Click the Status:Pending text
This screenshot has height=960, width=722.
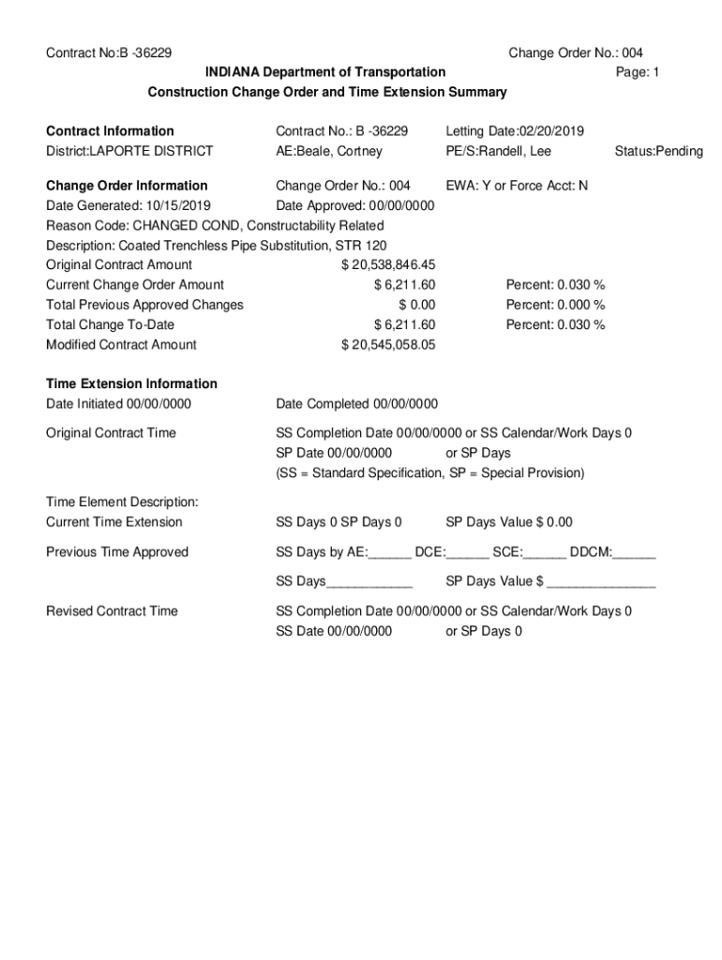(x=658, y=151)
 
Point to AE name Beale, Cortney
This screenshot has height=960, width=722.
(x=329, y=151)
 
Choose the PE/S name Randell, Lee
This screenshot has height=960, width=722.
(x=499, y=151)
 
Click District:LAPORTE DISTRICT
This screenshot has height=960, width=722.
(x=129, y=151)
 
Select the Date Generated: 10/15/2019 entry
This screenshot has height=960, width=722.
(x=128, y=205)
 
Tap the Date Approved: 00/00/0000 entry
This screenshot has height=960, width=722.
(x=355, y=205)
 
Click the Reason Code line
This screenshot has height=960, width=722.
(x=215, y=225)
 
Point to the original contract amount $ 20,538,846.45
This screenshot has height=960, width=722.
(x=388, y=264)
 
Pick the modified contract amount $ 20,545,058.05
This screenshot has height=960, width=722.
(x=388, y=344)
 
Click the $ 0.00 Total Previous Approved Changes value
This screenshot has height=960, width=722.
(x=416, y=305)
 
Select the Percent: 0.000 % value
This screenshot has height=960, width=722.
(x=555, y=305)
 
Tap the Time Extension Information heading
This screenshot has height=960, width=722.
(x=131, y=383)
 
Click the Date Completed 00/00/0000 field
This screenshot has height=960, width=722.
(x=356, y=404)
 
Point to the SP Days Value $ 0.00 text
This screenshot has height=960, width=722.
(x=509, y=522)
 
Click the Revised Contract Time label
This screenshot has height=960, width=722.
(x=112, y=611)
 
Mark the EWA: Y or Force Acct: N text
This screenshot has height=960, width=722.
(x=517, y=186)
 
